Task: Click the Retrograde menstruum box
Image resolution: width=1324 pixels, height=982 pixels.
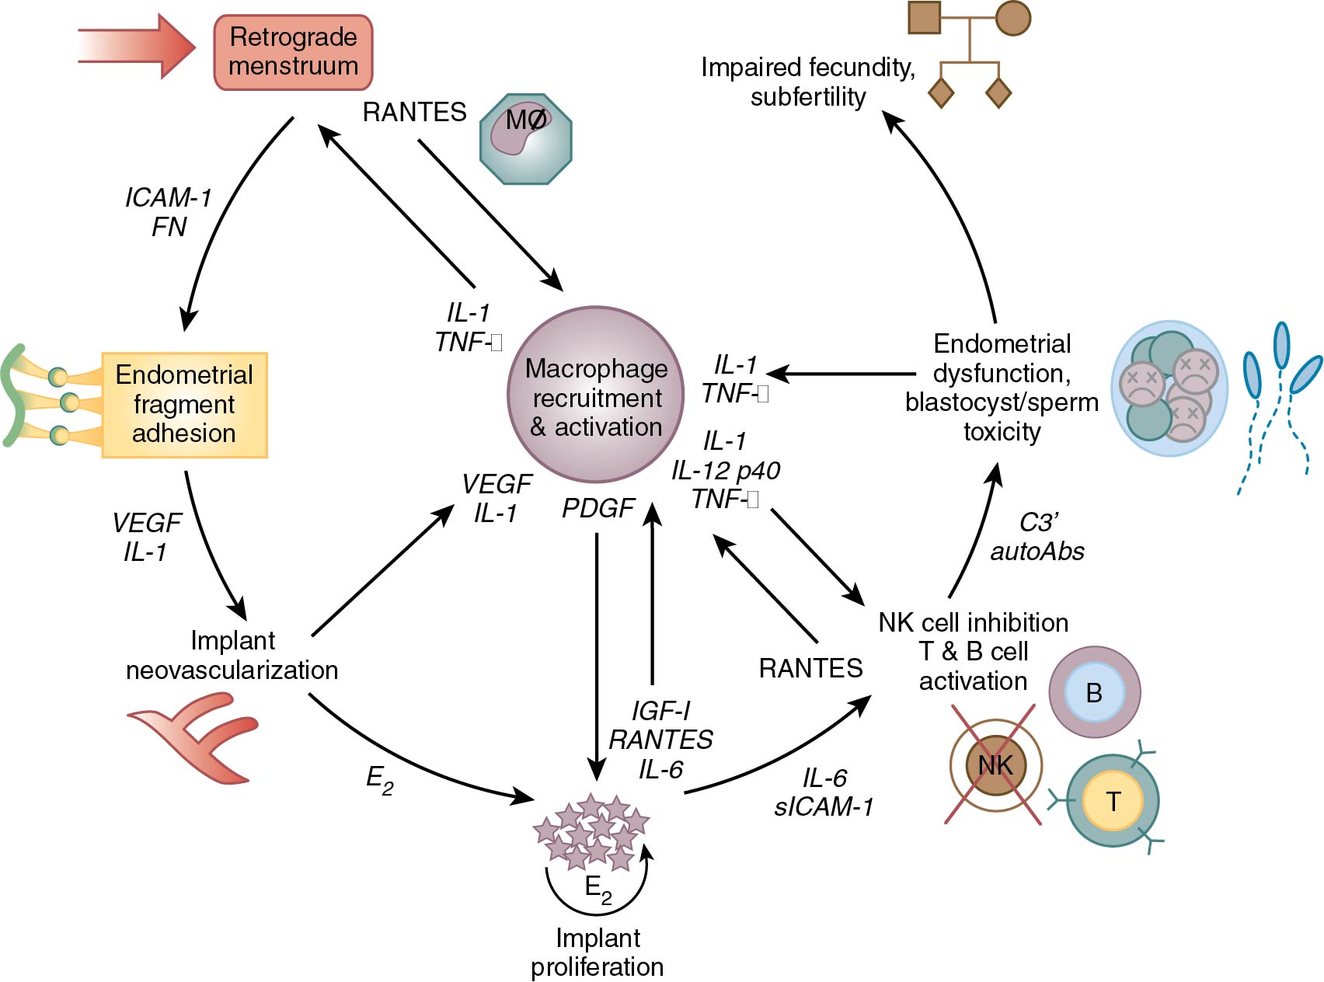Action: click(x=293, y=52)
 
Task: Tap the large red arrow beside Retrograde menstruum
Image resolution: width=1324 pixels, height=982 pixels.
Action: click(x=136, y=47)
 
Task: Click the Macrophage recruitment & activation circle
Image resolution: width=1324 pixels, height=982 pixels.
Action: click(x=596, y=395)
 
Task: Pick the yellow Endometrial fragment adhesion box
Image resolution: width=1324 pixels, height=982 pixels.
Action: click(x=185, y=405)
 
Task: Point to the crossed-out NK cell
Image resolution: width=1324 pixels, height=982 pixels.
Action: click(x=995, y=765)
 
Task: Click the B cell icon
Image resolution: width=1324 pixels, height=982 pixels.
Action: click(x=1094, y=692)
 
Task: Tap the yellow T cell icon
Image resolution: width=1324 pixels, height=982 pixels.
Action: click(x=1113, y=801)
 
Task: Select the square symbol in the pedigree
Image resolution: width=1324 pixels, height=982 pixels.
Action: click(x=925, y=18)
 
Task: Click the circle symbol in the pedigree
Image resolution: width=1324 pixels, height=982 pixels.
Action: click(x=1013, y=18)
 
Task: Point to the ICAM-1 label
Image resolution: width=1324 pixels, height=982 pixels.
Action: click(x=168, y=198)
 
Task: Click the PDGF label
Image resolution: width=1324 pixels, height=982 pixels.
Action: click(x=598, y=508)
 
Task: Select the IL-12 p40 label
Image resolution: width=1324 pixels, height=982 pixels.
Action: click(x=726, y=470)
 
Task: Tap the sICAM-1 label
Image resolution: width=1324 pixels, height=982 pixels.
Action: click(x=824, y=807)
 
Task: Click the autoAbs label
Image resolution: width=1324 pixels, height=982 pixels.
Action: click(x=1037, y=552)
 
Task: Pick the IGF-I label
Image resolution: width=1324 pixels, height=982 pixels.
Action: click(x=660, y=710)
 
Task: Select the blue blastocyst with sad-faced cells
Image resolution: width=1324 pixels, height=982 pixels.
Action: click(x=1169, y=388)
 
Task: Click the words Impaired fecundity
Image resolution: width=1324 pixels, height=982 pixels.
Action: click(x=807, y=68)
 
